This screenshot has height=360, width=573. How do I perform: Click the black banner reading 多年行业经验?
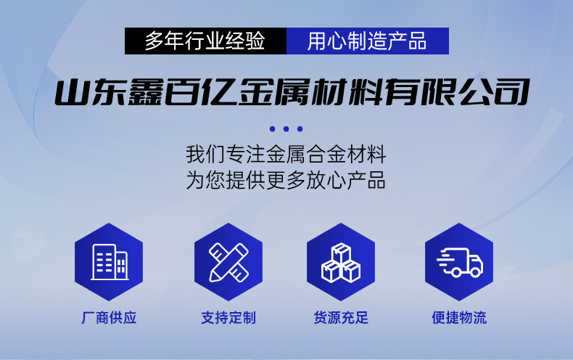(206, 41)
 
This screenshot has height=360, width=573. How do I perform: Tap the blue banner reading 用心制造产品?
(367, 41)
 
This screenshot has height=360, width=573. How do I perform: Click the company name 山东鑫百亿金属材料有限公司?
(286, 94)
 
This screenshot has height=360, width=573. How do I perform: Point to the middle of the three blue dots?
(286, 129)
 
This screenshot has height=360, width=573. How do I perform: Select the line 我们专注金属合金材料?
(286, 155)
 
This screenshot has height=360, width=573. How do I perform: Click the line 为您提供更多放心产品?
(286, 180)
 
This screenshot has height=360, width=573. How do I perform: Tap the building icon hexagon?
(109, 261)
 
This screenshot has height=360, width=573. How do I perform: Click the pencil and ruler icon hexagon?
(228, 261)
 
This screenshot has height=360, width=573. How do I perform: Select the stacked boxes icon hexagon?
(341, 261)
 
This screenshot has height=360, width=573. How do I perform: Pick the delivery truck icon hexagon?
(459, 261)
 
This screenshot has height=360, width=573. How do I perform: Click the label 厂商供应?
(109, 318)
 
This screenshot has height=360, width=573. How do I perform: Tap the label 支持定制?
(228, 318)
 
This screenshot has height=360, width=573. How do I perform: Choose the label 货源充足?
(341, 318)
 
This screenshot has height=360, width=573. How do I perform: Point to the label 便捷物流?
(459, 318)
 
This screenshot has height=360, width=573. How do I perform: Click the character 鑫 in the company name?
(154, 94)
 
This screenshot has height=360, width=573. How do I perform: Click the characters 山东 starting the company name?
(90, 94)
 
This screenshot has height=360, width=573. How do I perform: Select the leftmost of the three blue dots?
(273, 129)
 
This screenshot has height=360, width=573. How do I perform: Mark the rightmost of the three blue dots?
(300, 129)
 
